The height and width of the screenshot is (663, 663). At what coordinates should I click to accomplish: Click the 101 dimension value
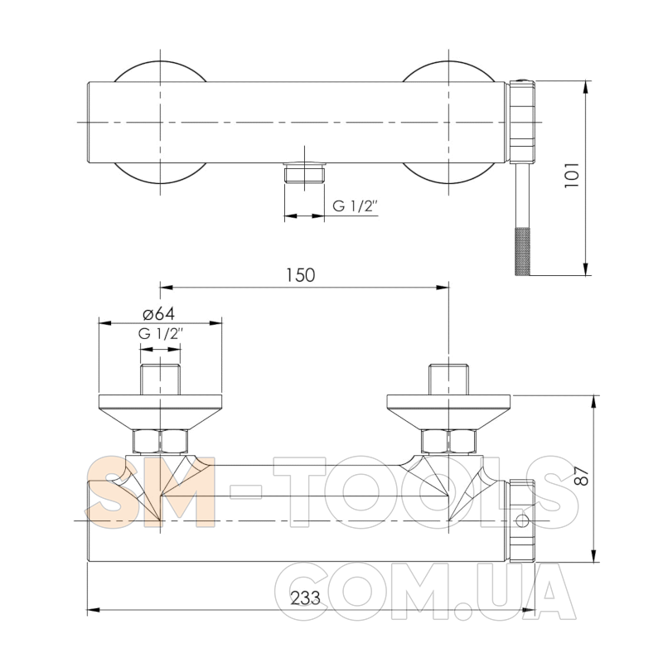(x=571, y=175)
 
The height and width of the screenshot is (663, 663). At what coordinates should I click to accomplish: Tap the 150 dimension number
(x=301, y=275)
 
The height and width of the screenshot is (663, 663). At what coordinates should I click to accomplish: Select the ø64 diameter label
(x=158, y=314)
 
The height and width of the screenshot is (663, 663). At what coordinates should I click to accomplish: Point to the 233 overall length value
(x=305, y=598)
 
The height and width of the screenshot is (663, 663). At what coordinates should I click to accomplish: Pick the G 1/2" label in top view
(x=355, y=206)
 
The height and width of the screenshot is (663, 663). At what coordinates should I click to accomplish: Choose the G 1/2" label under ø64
(x=161, y=334)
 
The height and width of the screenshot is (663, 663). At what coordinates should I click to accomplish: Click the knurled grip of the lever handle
(x=522, y=251)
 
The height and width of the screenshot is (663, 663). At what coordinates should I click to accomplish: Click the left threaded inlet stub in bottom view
(x=161, y=380)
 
